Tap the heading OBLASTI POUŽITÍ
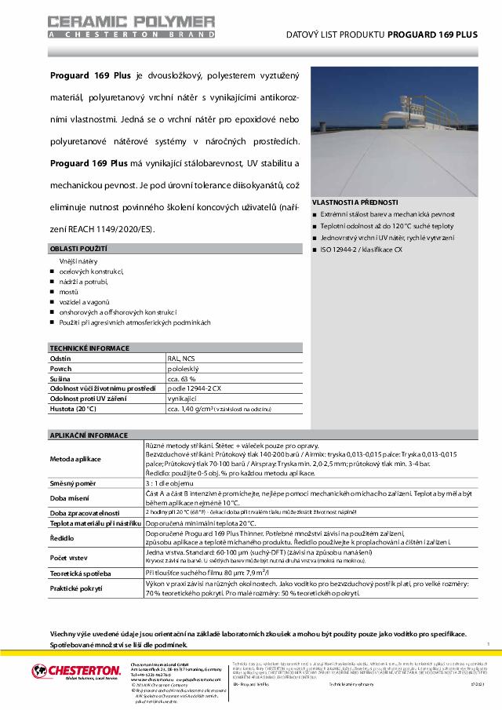[78, 249]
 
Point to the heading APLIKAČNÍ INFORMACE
[88, 434]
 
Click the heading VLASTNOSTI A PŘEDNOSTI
[355, 202]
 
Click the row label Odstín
[60, 357]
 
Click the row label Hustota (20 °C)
[73, 409]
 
